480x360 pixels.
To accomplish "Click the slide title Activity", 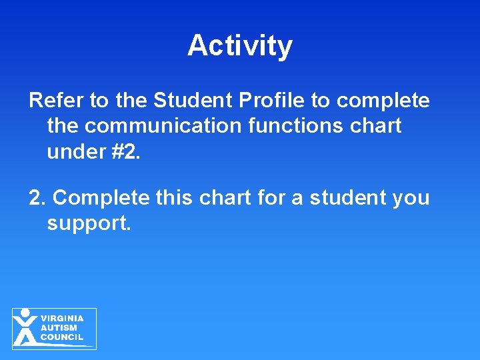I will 240,46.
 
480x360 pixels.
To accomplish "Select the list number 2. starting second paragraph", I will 37,198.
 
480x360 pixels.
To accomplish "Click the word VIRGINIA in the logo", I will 62,319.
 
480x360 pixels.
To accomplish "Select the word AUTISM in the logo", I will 59,328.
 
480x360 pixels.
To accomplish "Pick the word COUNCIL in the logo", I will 62,337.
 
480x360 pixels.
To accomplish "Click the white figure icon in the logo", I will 25,327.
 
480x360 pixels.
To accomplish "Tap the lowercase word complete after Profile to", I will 383,101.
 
